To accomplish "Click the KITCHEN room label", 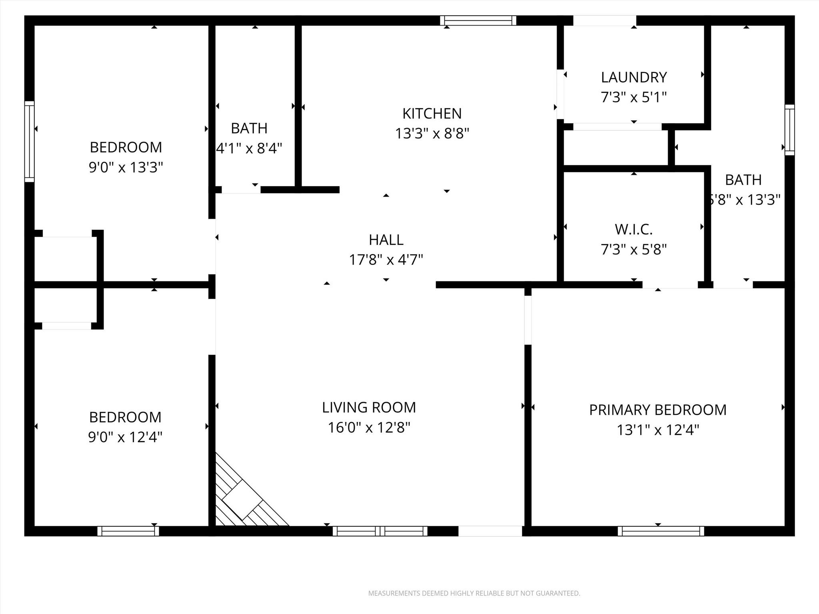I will (x=432, y=114).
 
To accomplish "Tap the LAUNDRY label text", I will (x=634, y=77).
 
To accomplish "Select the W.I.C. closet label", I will (x=634, y=229).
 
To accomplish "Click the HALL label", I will (x=386, y=240).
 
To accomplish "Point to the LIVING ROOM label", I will (x=369, y=407).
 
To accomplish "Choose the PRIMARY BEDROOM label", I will (x=658, y=410).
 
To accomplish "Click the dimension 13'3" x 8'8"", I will (x=432, y=133).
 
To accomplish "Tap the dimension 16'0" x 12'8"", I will (x=369, y=428).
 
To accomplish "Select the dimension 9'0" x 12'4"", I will (x=125, y=437).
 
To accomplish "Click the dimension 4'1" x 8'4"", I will (x=249, y=149).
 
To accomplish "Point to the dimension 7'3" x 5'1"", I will (x=634, y=97).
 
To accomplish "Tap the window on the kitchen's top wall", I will (x=478, y=20).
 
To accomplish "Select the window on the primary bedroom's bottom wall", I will (x=661, y=531).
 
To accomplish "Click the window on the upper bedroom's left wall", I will (x=29, y=142).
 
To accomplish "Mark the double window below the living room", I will (x=380, y=531).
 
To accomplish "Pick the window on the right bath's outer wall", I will (x=789, y=130).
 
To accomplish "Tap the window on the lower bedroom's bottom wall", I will (x=128, y=531).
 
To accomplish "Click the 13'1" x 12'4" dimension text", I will (x=658, y=430).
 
